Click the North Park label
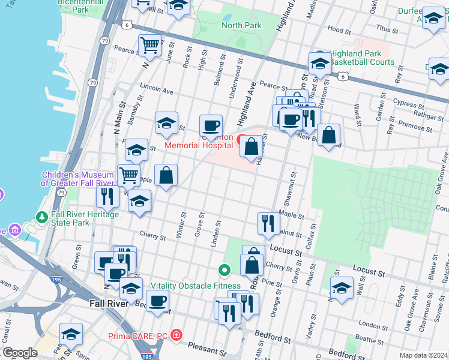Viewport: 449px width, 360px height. (x=241, y=25)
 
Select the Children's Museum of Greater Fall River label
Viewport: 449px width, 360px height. (x=77, y=179)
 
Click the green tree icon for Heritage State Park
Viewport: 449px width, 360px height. (x=42, y=217)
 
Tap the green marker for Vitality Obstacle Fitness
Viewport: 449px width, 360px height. (x=224, y=272)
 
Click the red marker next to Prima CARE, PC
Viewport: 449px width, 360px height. (x=176, y=334)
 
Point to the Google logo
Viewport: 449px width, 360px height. (x=20, y=353)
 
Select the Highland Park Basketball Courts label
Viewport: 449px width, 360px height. (x=357, y=58)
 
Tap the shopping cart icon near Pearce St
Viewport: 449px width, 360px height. (x=149, y=44)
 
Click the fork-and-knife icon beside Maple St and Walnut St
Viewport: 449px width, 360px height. (x=268, y=223)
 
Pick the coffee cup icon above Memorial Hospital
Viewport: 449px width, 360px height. (x=211, y=125)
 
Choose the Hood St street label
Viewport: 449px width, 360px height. (x=339, y=29)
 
